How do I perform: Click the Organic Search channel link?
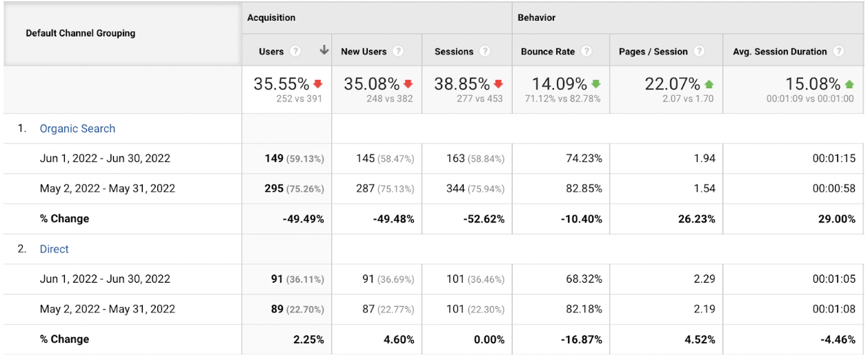(77, 129)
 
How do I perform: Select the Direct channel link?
(55, 250)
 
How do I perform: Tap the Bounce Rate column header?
(547, 52)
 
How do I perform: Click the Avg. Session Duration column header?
(780, 52)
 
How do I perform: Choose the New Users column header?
(364, 52)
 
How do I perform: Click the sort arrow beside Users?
(324, 51)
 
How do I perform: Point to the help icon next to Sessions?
(484, 52)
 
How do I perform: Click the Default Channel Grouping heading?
(81, 33)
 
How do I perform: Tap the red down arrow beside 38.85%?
(498, 84)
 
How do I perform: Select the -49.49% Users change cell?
(303, 219)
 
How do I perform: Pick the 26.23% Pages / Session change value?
(694, 219)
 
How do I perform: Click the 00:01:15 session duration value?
(834, 159)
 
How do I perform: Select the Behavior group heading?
(537, 18)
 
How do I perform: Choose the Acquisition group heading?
(271, 18)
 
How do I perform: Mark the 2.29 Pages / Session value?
(703, 279)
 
